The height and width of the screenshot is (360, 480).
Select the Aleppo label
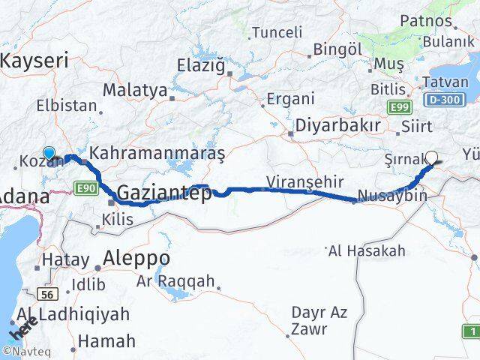click(x=137, y=259)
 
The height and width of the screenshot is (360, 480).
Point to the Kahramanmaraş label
click(x=157, y=153)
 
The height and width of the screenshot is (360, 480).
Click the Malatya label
click(x=135, y=90)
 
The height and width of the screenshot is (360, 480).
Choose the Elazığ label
click(x=200, y=65)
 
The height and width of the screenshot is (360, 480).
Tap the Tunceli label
click(x=277, y=32)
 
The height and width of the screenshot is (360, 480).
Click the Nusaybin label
click(x=392, y=196)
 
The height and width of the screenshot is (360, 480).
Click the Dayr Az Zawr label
click(x=319, y=320)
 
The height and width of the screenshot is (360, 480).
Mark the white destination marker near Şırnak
click(x=431, y=157)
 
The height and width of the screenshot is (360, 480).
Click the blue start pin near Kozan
click(x=49, y=153)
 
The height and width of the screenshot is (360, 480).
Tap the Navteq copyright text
click(x=25, y=351)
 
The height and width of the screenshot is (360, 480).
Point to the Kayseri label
click(x=34, y=60)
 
